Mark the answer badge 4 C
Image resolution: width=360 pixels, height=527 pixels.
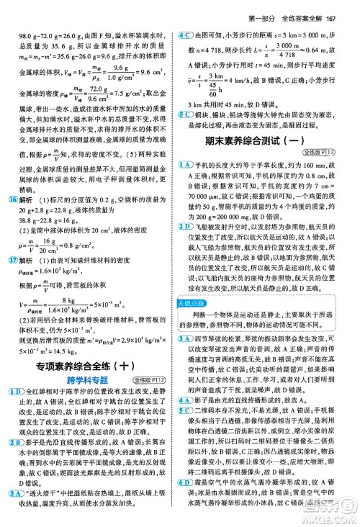[x=189, y=35]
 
